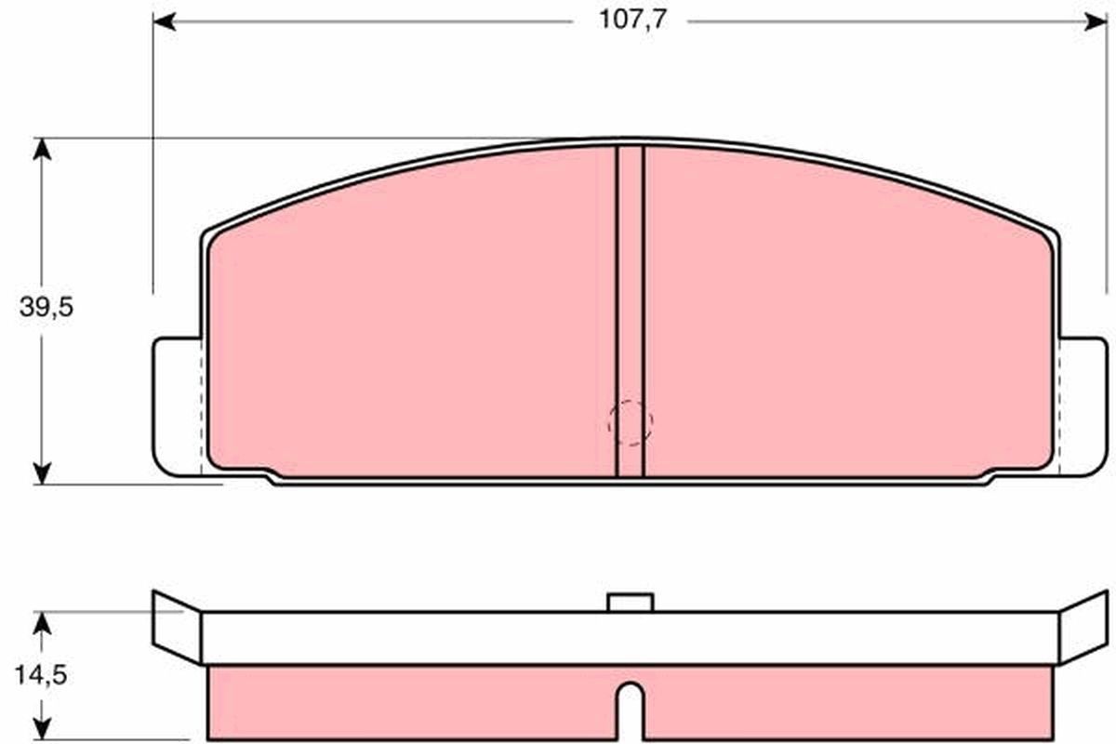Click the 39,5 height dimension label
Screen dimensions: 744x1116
coord(46,309)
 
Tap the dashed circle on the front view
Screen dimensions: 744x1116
coord(630,422)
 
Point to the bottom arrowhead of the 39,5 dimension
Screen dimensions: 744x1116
coord(41,473)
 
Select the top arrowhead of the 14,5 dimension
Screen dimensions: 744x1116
coord(41,621)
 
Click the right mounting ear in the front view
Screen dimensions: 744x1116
coord(1083,406)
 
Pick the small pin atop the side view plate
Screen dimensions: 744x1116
coord(630,603)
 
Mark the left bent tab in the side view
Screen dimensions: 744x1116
coord(177,626)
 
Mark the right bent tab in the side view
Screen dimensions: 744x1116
coord(1083,626)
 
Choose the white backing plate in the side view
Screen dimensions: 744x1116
coord(630,637)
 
